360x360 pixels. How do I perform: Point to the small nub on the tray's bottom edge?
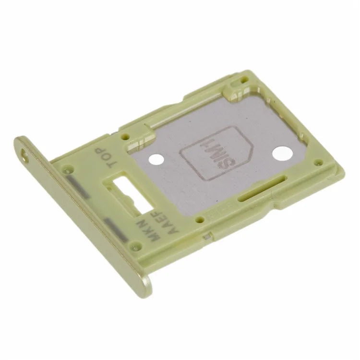(207, 237)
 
